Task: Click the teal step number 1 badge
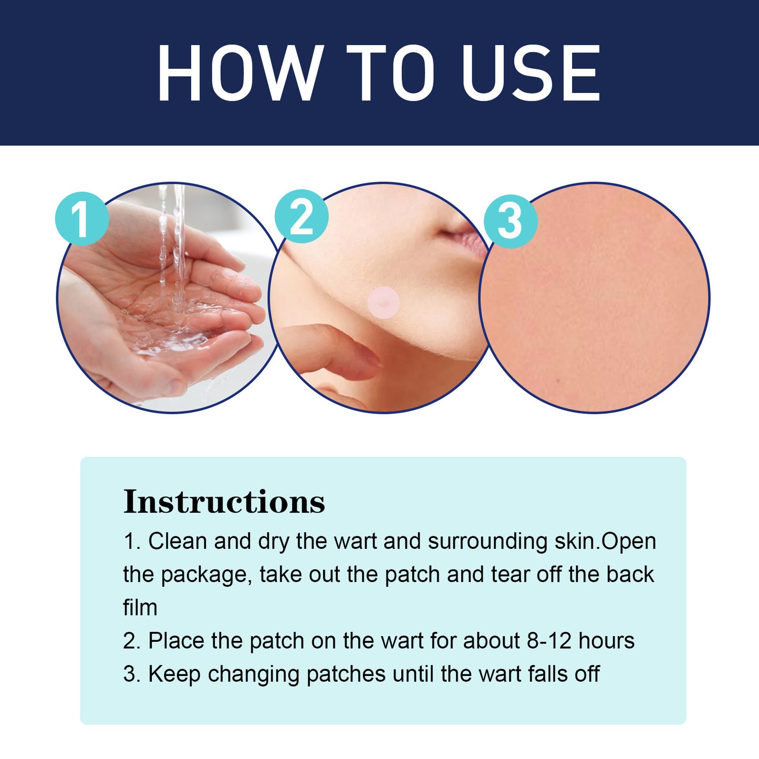click(x=81, y=218)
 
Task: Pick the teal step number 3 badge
click(x=510, y=221)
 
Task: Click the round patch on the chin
click(x=383, y=302)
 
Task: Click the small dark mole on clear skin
click(x=557, y=381)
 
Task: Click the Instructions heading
click(x=224, y=502)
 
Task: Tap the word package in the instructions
click(x=204, y=575)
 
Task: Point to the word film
click(x=140, y=608)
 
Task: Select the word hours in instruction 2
click(x=606, y=641)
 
